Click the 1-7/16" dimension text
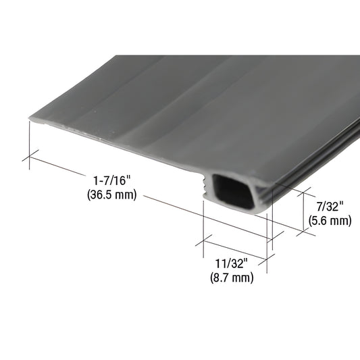(111, 181)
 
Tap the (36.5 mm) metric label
(111, 195)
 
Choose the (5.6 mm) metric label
(330, 220)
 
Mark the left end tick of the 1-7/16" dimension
(28, 159)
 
